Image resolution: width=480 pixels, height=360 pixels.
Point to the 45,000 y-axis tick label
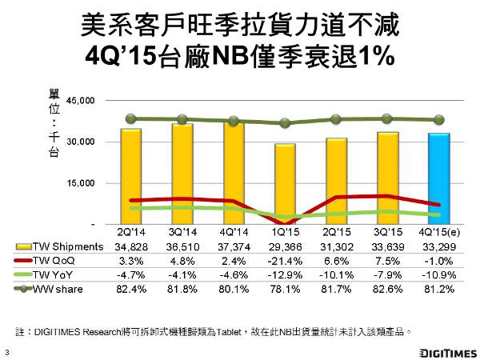82,101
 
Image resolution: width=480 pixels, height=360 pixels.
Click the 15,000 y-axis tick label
82,183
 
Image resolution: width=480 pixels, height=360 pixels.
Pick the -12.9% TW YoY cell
284,274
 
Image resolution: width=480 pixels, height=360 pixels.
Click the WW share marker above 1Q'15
285,123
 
